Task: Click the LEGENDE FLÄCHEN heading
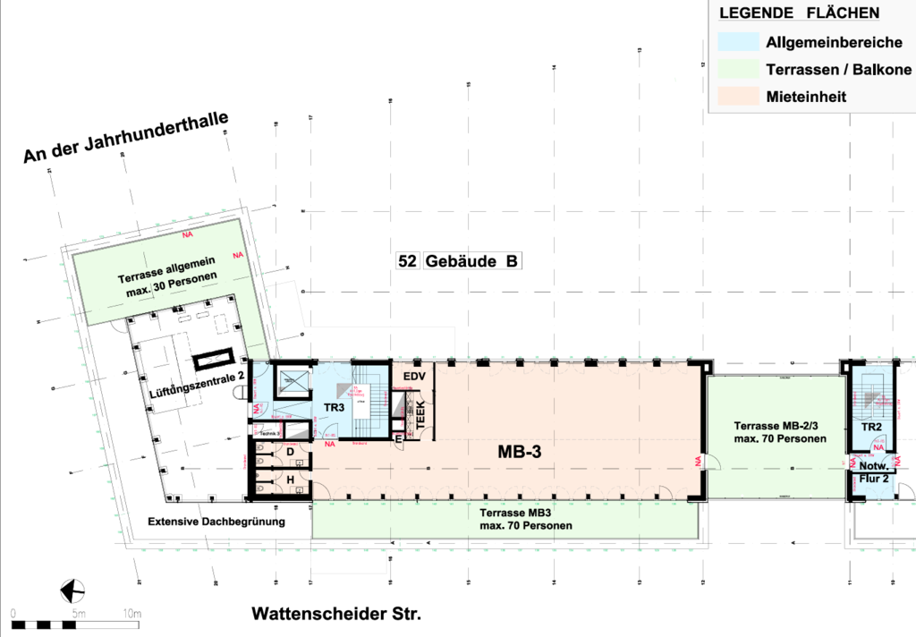tap(799, 13)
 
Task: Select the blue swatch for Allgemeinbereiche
tap(737, 41)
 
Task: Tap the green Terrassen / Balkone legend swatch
tap(737, 69)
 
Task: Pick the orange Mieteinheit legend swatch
tap(737, 96)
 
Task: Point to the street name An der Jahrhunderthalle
tap(126, 137)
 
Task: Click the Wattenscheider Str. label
tap(335, 615)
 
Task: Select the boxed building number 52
tap(408, 262)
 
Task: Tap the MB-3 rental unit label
tap(520, 453)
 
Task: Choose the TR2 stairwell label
tap(871, 428)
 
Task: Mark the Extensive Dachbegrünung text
tap(216, 522)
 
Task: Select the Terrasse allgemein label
tap(168, 274)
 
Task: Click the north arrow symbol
tap(71, 590)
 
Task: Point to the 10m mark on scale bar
tap(133, 614)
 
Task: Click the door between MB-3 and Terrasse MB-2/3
tap(708, 463)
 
